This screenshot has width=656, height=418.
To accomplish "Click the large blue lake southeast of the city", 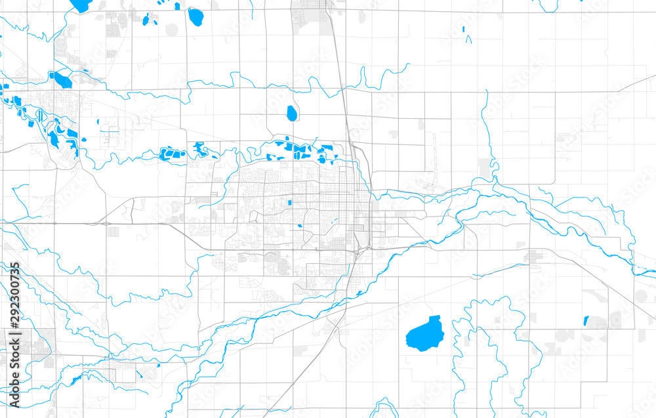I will [424, 334].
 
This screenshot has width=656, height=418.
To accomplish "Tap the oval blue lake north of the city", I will [291, 114].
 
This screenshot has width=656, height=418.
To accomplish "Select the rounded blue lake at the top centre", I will [195, 16].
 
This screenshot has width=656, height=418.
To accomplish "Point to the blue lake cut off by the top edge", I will [81, 5].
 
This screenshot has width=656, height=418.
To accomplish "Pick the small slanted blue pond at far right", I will [586, 321].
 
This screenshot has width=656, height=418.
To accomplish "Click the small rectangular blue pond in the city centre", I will [289, 203].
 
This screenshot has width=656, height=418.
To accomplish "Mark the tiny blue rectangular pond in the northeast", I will [463, 30].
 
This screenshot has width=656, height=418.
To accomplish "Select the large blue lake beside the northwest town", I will [62, 81].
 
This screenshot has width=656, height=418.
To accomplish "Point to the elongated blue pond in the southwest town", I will [76, 380].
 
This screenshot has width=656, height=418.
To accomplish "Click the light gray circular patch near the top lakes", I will [172, 29].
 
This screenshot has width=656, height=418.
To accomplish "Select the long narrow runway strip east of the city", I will [433, 154].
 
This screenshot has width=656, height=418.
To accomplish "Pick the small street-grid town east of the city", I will [533, 257].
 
